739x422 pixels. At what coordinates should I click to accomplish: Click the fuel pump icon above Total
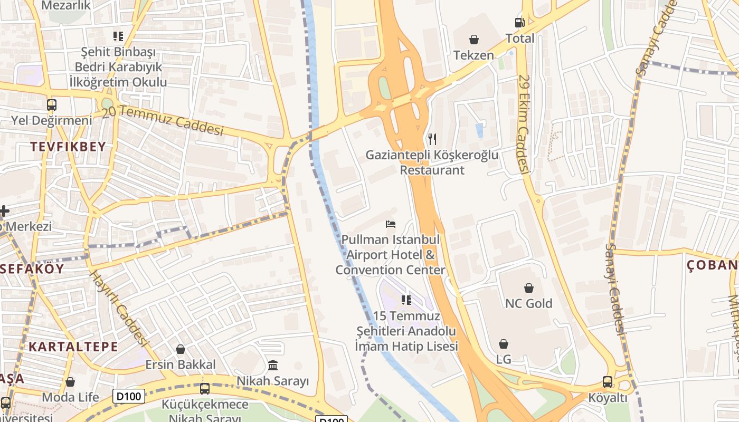(520, 23)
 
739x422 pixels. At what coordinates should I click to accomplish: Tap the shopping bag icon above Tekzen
(474, 40)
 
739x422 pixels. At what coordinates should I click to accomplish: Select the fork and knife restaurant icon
(432, 139)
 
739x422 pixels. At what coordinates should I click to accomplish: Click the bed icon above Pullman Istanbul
(391, 224)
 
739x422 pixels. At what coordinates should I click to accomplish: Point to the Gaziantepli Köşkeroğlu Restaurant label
(432, 162)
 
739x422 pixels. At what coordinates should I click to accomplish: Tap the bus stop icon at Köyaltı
(608, 382)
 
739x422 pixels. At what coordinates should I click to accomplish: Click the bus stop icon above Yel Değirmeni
(52, 104)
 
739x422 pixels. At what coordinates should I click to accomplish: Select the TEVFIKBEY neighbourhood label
(68, 147)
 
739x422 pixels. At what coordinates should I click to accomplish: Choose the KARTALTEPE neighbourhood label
(73, 347)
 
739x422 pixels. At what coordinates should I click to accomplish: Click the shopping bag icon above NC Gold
(529, 288)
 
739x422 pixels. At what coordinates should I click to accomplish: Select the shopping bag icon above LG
(504, 344)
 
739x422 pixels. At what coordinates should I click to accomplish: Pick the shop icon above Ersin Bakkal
(181, 349)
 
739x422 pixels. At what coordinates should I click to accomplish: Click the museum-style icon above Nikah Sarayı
(273, 365)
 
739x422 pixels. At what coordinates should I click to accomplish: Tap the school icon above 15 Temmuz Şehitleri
(406, 300)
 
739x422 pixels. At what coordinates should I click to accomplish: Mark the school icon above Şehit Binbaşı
(118, 36)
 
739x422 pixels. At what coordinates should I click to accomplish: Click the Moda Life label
(70, 397)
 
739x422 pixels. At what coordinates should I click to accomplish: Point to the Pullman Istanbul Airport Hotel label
(391, 255)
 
